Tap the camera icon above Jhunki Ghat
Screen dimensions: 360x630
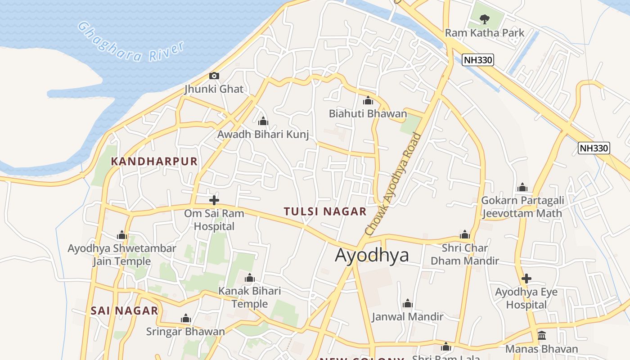tap(214, 76)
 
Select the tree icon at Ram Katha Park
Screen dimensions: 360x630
tap(484, 19)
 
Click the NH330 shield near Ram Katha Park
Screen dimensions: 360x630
tap(477, 59)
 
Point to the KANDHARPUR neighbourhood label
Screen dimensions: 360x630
tap(154, 162)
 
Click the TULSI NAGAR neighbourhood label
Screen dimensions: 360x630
tap(325, 211)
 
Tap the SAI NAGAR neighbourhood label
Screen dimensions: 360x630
tap(125, 310)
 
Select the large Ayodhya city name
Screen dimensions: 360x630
tap(372, 255)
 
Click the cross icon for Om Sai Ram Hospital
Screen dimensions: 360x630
tap(214, 200)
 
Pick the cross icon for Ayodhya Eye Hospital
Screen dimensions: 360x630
tap(526, 279)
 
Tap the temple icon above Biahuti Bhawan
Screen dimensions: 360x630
tap(368, 100)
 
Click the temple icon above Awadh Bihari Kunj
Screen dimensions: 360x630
tap(263, 121)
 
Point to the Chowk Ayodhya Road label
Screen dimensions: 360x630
tap(395, 184)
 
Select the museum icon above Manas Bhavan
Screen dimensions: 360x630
tap(542, 336)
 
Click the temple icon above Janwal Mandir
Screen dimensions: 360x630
tap(408, 303)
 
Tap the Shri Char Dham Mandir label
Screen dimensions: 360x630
tap(465, 254)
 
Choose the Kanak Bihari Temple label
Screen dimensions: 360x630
tap(250, 297)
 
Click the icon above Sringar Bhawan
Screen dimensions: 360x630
tap(186, 319)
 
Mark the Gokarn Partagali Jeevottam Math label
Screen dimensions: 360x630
tap(522, 207)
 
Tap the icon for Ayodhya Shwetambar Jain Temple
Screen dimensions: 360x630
tap(122, 235)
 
